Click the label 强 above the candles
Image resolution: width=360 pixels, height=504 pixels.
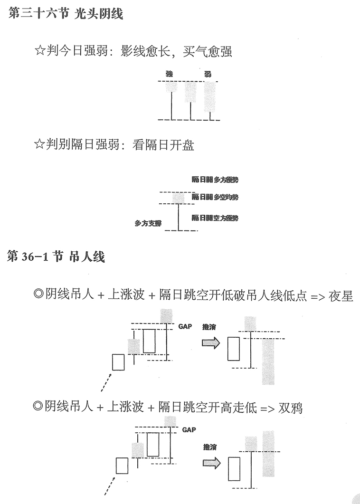point(169,74)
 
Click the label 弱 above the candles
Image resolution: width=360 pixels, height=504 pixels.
point(208,74)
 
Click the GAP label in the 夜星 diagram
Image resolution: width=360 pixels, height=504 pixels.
point(185,327)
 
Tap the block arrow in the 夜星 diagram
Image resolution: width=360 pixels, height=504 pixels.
point(211,343)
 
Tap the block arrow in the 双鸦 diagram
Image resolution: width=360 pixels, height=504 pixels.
point(211,463)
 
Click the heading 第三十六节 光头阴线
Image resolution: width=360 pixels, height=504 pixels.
point(66,14)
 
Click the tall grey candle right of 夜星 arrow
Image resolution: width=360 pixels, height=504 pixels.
point(268,361)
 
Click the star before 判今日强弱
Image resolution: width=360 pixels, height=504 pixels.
point(40,51)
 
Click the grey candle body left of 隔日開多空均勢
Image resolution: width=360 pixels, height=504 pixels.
point(178,197)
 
